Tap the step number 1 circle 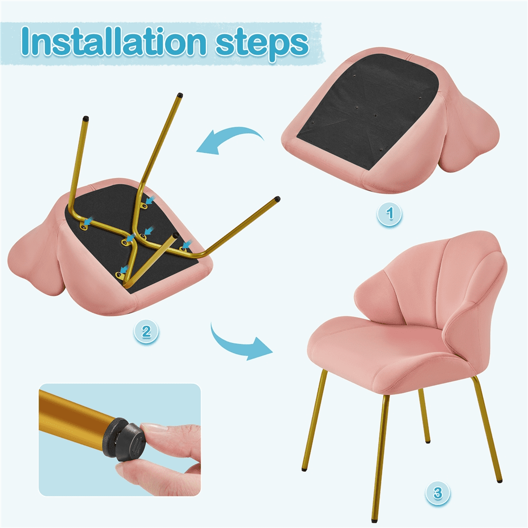[390, 215]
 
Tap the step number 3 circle [437, 494]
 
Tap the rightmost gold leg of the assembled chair [488, 433]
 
